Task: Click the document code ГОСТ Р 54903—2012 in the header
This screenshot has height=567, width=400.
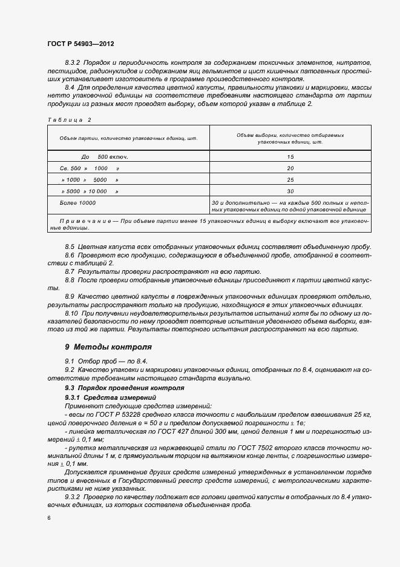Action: coord(80,44)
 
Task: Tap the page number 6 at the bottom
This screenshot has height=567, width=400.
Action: coord(48,519)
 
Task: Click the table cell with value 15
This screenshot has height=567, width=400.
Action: coord(290,157)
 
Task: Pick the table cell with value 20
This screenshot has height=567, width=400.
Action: coord(290,168)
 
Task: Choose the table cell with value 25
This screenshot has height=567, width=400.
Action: coord(290,180)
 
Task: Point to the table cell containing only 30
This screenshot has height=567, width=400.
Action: coord(290,191)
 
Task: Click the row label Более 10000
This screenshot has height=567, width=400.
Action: coord(77,203)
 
